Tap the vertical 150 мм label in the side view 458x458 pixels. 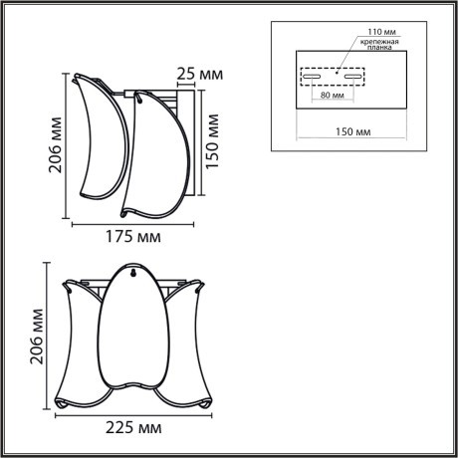pyautogui.click(x=212, y=139)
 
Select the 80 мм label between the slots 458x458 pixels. pyautogui.click(x=334, y=96)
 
